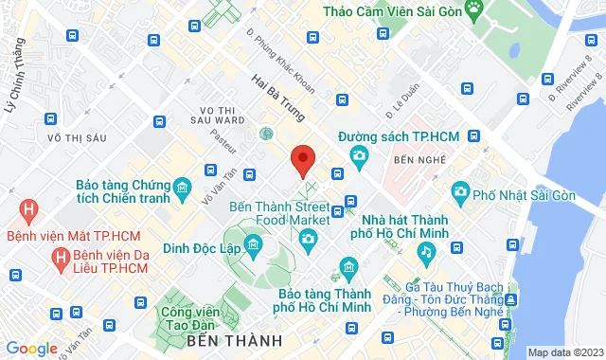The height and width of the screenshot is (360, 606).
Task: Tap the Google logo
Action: [x=31, y=349]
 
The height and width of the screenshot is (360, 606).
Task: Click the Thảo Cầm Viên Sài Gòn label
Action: [x=392, y=11]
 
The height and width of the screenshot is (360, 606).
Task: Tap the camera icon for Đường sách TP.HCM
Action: [x=360, y=156]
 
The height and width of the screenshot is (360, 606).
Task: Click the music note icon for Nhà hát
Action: [x=427, y=251]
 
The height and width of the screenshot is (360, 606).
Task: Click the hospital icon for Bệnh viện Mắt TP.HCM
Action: [x=30, y=207]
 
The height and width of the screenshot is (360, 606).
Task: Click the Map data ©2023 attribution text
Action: [x=563, y=352]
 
